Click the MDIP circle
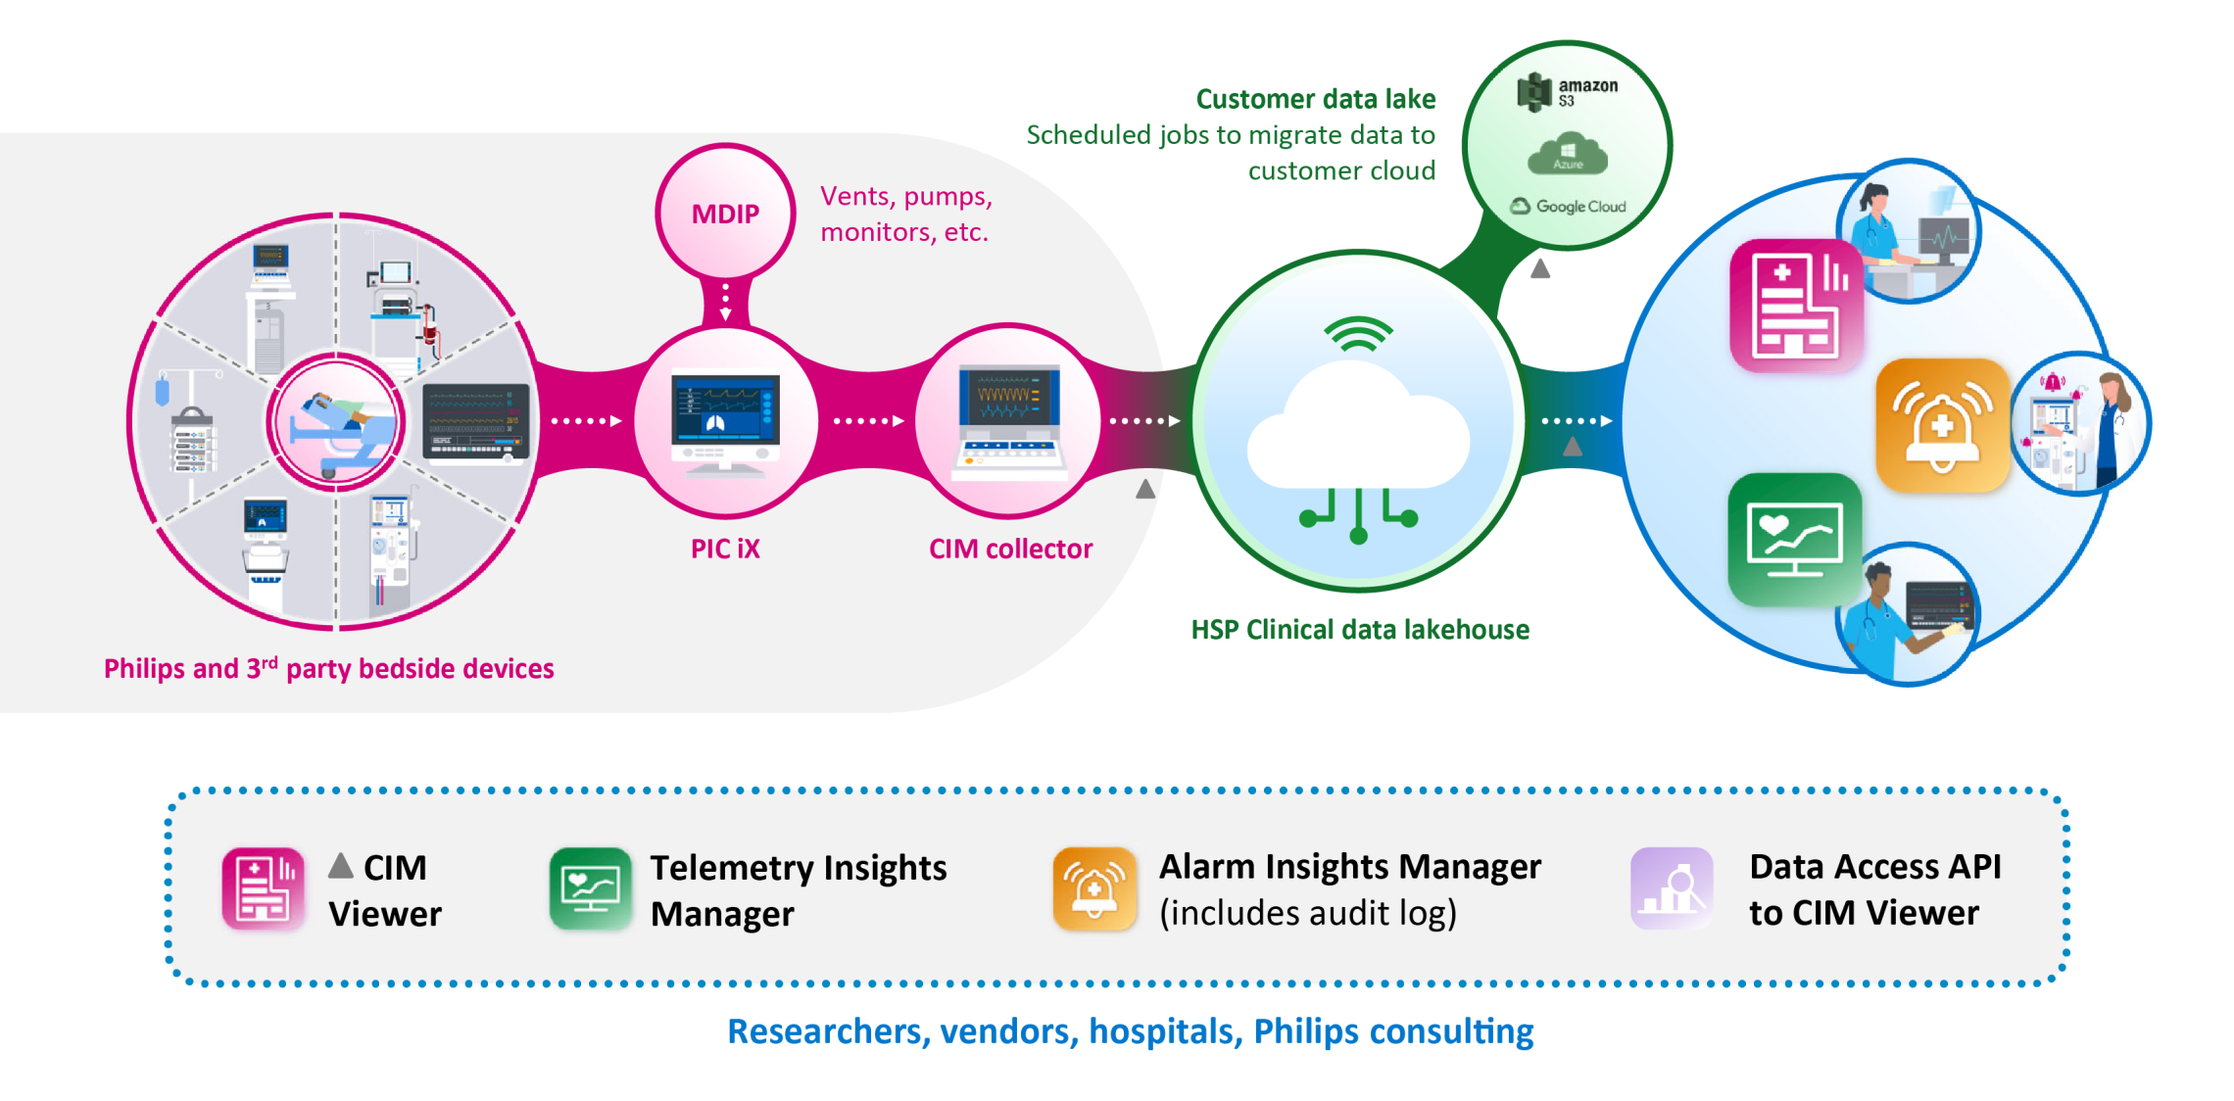[725, 213]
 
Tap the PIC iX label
[725, 549]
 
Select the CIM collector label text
[1010, 549]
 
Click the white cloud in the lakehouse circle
[1357, 431]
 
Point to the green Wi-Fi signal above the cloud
[1358, 335]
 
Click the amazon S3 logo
[1567, 92]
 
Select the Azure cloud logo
[1568, 157]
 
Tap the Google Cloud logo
[1569, 207]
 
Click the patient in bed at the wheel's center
[336, 421]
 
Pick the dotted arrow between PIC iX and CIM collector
[868, 421]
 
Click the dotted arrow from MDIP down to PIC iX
[725, 301]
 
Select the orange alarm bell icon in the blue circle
[1941, 425]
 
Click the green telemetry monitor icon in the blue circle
[1794, 539]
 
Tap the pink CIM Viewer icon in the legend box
[263, 887]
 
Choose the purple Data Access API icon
[1672, 887]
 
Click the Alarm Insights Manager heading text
[1349, 867]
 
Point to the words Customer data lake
[1315, 99]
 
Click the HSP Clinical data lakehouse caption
[1359, 630]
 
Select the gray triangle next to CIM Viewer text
[340, 865]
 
